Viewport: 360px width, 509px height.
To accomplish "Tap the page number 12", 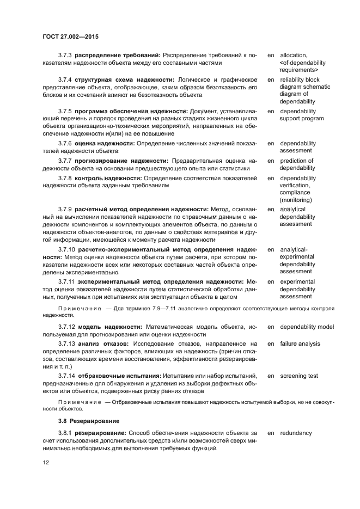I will tap(46, 463).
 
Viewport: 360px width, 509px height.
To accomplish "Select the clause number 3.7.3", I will tap(65, 56).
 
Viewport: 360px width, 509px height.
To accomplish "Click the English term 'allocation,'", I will tap(294, 56).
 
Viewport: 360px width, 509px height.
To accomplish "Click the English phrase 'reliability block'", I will tap(300, 80).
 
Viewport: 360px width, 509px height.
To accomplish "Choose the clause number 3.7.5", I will tap(65, 112).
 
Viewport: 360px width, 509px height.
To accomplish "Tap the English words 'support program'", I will tap(302, 119).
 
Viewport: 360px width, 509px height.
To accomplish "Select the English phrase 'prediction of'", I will tap(297, 161).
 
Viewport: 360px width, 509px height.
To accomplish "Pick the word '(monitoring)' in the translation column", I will tap(296, 200).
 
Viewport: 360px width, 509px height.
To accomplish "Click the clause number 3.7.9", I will tap(65, 209).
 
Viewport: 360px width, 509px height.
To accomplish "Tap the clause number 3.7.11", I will tap(66, 281).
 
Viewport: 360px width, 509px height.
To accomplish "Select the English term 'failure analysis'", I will tap(300, 344).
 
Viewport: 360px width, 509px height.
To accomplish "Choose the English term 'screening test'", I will tap(299, 376).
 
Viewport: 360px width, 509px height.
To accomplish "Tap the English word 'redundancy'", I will tap(296, 433).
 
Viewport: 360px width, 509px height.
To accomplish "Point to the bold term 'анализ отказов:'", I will tap(103, 344).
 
